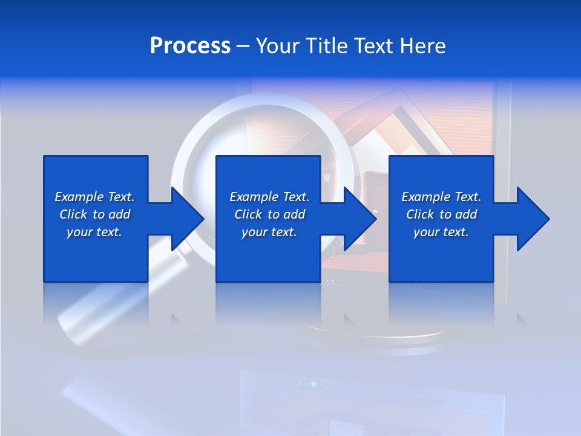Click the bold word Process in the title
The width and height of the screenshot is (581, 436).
190,46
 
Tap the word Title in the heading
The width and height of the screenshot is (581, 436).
327,46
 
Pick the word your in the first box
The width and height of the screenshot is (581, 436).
79,232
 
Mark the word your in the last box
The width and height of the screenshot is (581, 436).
425,232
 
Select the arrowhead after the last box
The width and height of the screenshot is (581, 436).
532,219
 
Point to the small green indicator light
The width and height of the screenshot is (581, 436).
313,384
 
